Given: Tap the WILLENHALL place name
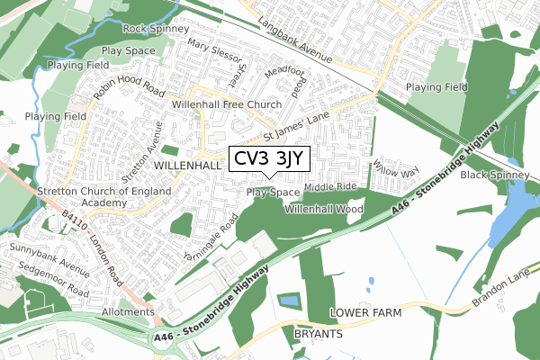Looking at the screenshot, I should [x=187, y=166].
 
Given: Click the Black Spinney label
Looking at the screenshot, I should [x=497, y=175].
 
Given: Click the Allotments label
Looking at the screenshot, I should [x=128, y=311].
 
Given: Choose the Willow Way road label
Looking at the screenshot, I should [x=397, y=167].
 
